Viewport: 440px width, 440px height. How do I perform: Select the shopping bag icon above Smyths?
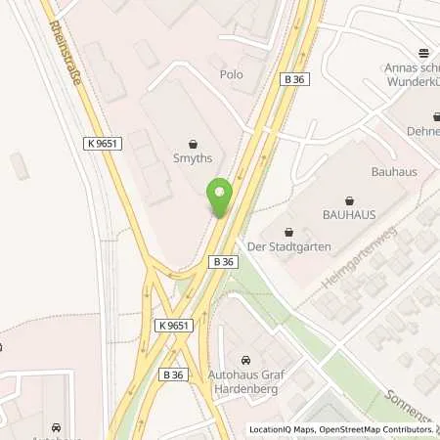coord(192,140)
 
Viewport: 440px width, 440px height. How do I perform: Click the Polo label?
coord(231,74)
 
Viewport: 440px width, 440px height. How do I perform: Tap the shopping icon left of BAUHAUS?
coord(289,232)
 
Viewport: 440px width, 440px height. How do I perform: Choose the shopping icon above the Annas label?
coord(422,53)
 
